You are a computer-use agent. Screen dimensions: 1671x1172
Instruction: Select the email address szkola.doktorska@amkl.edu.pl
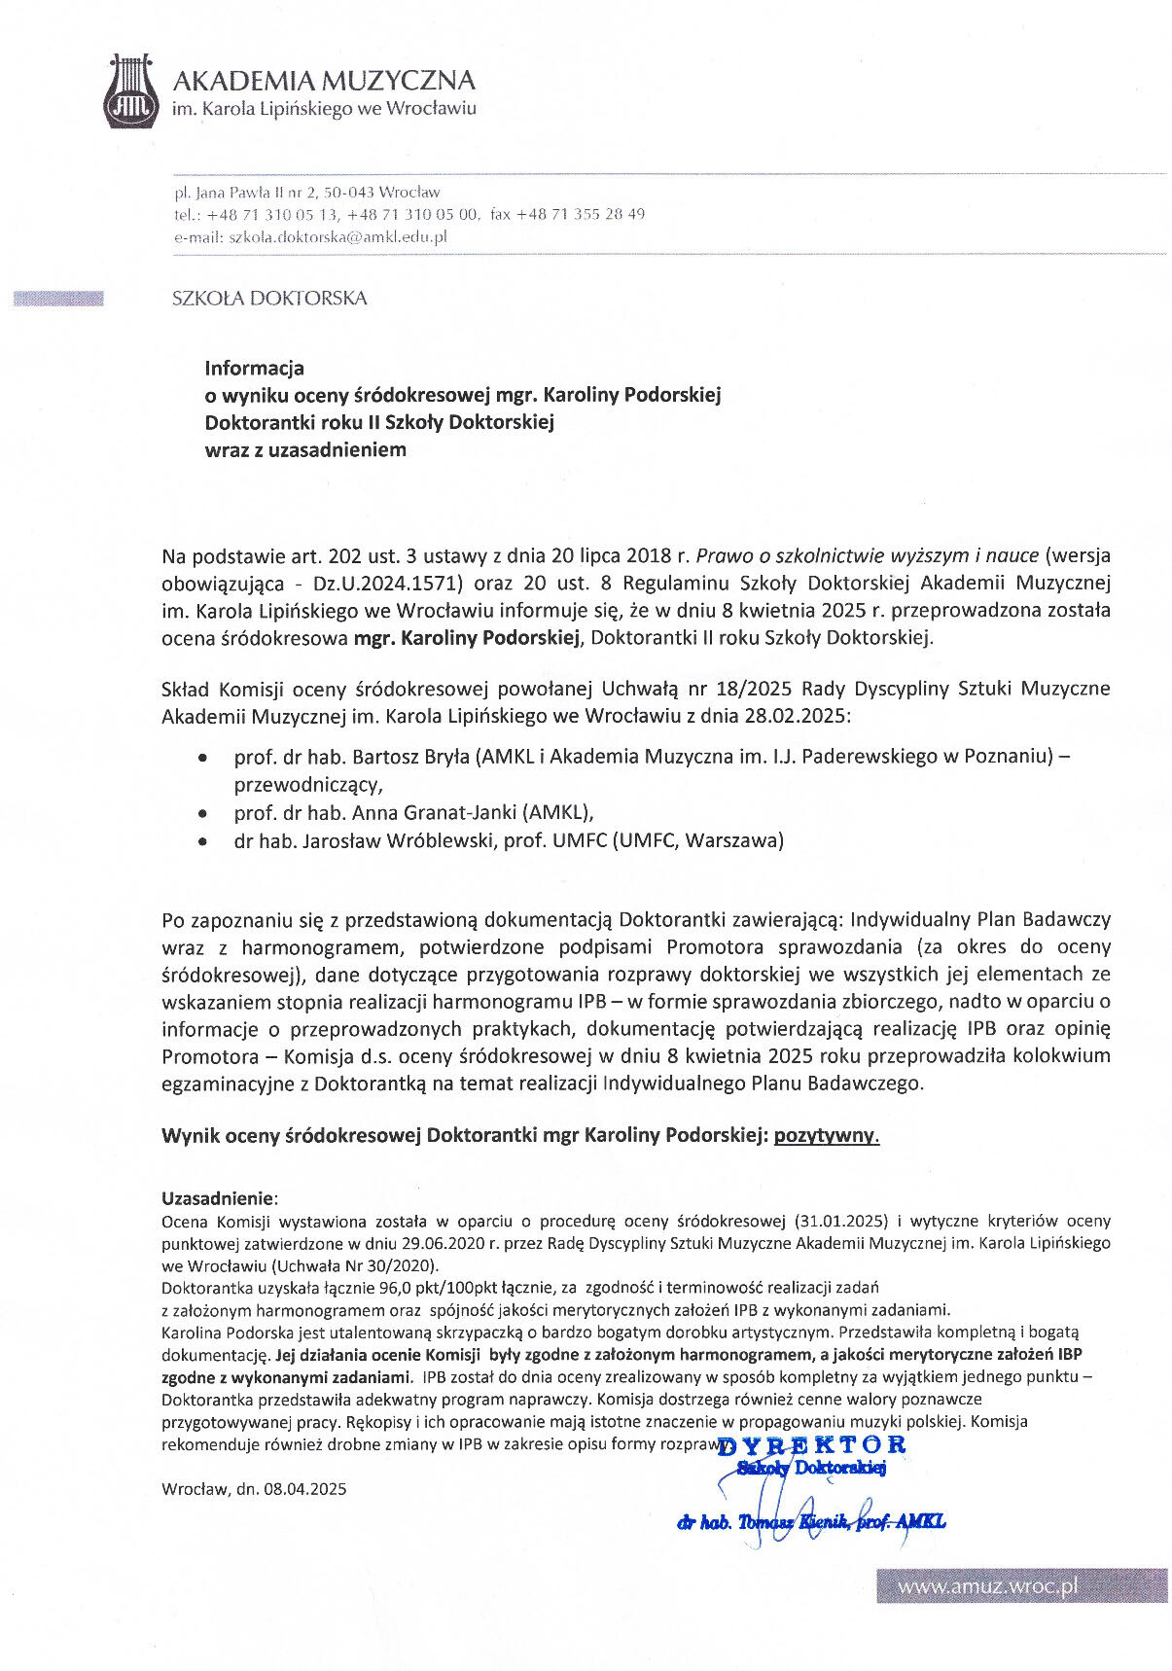tap(337, 236)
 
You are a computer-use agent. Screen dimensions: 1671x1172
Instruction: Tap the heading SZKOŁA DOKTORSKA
tap(269, 299)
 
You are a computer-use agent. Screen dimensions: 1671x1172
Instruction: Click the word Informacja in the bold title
tap(254, 368)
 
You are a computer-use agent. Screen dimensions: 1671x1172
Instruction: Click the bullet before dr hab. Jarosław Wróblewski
tap(202, 841)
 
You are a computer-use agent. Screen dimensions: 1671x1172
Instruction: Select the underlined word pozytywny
tap(826, 1135)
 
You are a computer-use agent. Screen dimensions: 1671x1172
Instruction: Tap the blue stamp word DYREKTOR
tap(811, 1444)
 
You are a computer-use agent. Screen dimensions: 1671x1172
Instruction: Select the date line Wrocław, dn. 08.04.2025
tap(254, 1488)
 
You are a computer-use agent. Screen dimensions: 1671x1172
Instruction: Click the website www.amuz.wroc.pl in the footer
tap(987, 1586)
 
